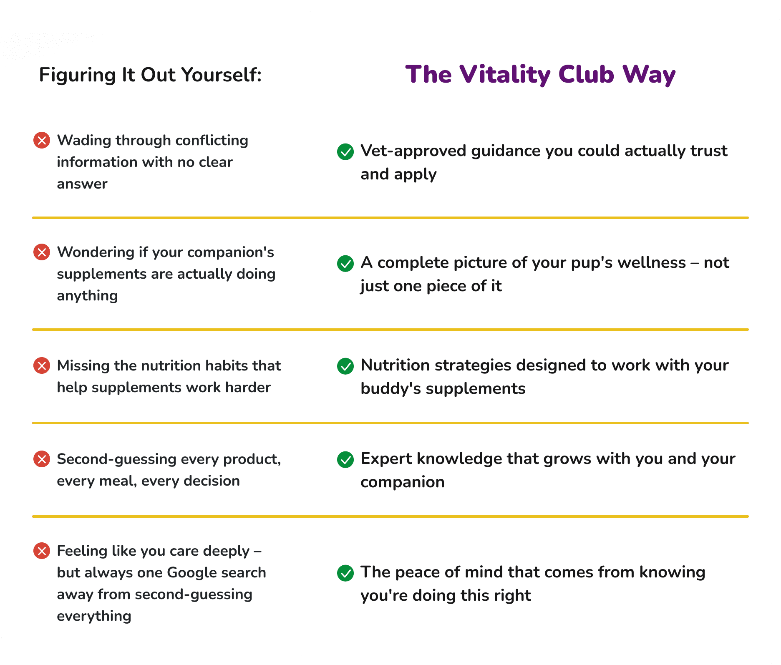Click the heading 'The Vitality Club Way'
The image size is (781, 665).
coord(540,75)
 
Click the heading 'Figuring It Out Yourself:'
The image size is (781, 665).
coord(150,75)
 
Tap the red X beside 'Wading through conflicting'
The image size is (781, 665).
coord(42,140)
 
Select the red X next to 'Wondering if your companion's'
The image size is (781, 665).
coord(42,252)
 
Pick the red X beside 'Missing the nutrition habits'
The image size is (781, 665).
coord(42,365)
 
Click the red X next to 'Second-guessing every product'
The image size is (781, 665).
coord(42,459)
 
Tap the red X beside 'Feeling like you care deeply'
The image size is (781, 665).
coord(42,551)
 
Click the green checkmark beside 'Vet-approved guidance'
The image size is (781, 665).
coord(345,151)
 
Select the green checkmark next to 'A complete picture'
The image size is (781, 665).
coord(345,263)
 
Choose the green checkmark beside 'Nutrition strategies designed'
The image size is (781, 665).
coord(345,366)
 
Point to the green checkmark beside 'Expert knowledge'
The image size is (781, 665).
coord(345,459)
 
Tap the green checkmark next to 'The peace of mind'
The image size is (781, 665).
coord(345,573)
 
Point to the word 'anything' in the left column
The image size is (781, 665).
coord(87,296)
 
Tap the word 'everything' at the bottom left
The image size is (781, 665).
coord(94,616)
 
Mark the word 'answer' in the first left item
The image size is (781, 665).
coord(82,184)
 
